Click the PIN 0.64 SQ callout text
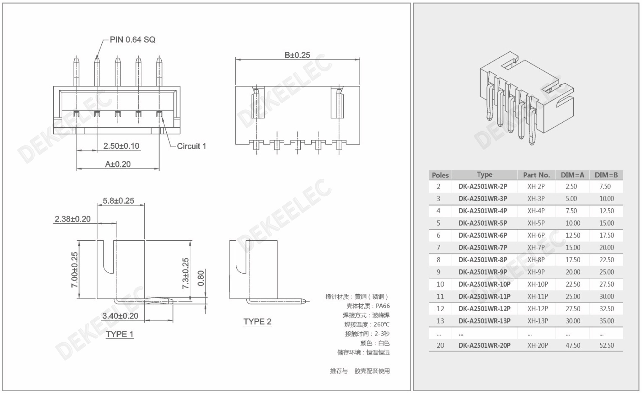pyautogui.click(x=132, y=40)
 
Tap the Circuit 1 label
pyautogui.click(x=191, y=146)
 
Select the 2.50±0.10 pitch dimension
pyautogui.click(x=121, y=146)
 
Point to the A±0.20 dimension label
pyautogui.click(x=118, y=164)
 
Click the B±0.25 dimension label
pyautogui.click(x=297, y=55)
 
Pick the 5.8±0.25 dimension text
pyautogui.click(x=118, y=201)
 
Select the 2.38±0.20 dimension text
pyautogui.click(x=72, y=219)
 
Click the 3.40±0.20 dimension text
pyautogui.click(x=120, y=316)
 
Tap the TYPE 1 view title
pyautogui.click(x=119, y=334)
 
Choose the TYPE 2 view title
pyautogui.click(x=257, y=322)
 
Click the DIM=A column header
pyautogui.click(x=572, y=175)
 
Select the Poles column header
pyautogui.click(x=440, y=175)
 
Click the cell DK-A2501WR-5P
pyautogui.click(x=483, y=223)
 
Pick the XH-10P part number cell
pyautogui.click(x=537, y=284)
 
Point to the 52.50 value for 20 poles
pyautogui.click(x=607, y=345)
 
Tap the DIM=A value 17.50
pyautogui.click(x=573, y=260)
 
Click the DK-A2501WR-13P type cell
pyautogui.click(x=484, y=321)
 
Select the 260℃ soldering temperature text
pyautogui.click(x=382, y=324)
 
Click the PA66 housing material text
pyautogui.click(x=383, y=306)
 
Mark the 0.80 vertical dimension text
pyautogui.click(x=201, y=278)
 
